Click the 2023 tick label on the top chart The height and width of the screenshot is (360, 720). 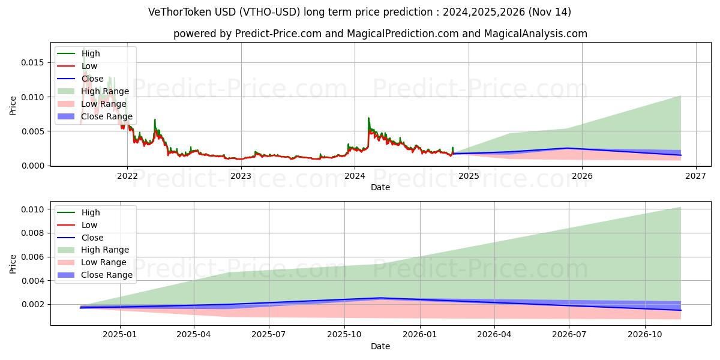[x=241, y=176]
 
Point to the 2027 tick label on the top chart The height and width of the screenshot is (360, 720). [x=695, y=176]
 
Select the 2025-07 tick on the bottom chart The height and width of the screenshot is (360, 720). [x=269, y=335]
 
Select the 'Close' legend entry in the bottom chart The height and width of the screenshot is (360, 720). [x=92, y=238]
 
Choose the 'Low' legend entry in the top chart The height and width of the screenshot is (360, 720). [x=89, y=66]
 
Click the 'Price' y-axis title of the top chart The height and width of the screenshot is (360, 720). [x=13, y=106]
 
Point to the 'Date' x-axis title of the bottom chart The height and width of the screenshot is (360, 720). [x=380, y=346]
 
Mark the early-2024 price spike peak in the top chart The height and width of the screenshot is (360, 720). [x=368, y=118]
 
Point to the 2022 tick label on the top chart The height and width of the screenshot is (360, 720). [x=127, y=176]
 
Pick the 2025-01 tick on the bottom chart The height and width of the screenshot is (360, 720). [x=120, y=335]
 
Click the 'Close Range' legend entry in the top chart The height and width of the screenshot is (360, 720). [x=106, y=116]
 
